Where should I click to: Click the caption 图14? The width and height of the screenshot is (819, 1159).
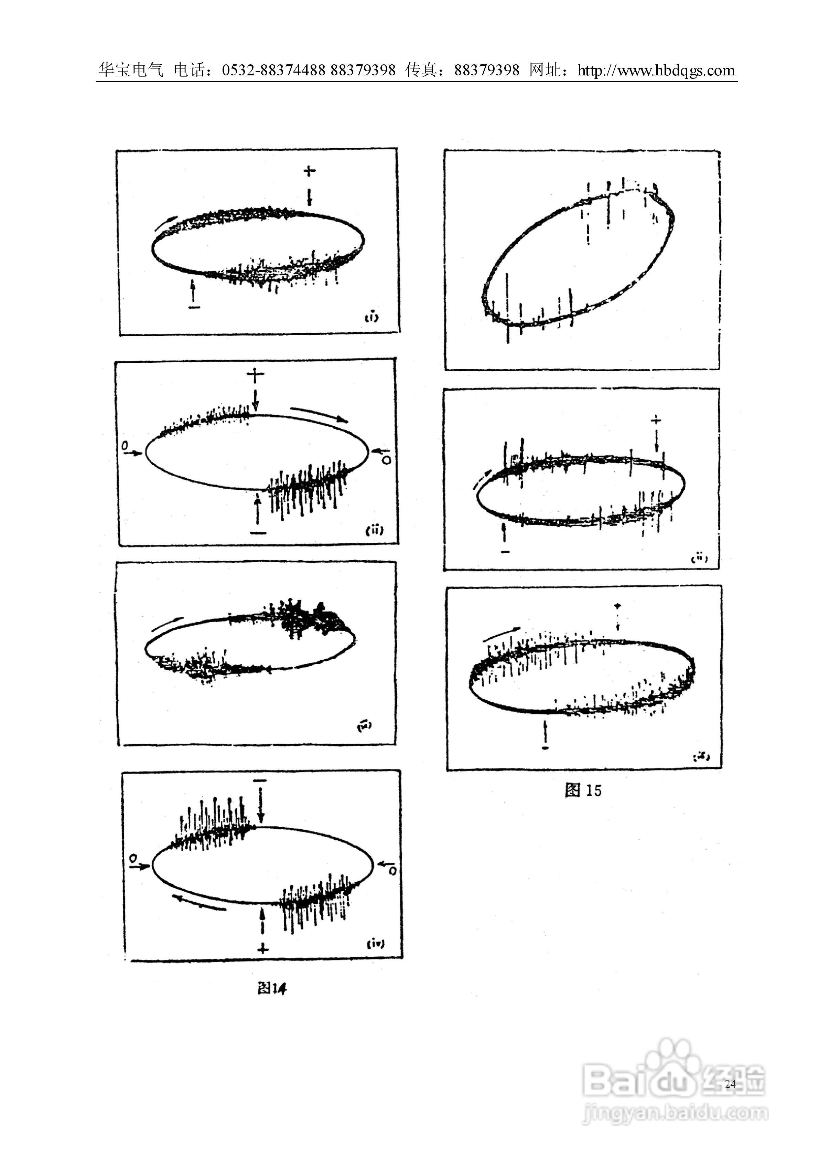point(272,988)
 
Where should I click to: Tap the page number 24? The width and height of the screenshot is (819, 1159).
point(730,1084)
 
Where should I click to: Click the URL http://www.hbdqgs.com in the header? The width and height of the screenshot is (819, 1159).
point(656,70)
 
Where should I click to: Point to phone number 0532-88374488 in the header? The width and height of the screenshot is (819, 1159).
point(273,70)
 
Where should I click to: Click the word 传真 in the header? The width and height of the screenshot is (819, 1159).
point(421,70)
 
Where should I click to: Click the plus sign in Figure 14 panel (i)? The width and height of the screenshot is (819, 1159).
point(309,171)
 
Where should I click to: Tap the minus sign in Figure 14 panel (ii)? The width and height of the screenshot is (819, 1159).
point(258,533)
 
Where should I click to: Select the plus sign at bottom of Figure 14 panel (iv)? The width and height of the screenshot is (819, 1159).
point(263,948)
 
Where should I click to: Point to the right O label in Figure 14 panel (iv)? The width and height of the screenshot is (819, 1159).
point(393,871)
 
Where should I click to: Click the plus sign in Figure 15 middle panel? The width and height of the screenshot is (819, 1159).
point(656,419)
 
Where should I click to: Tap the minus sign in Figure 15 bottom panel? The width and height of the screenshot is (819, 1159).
point(545,747)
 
